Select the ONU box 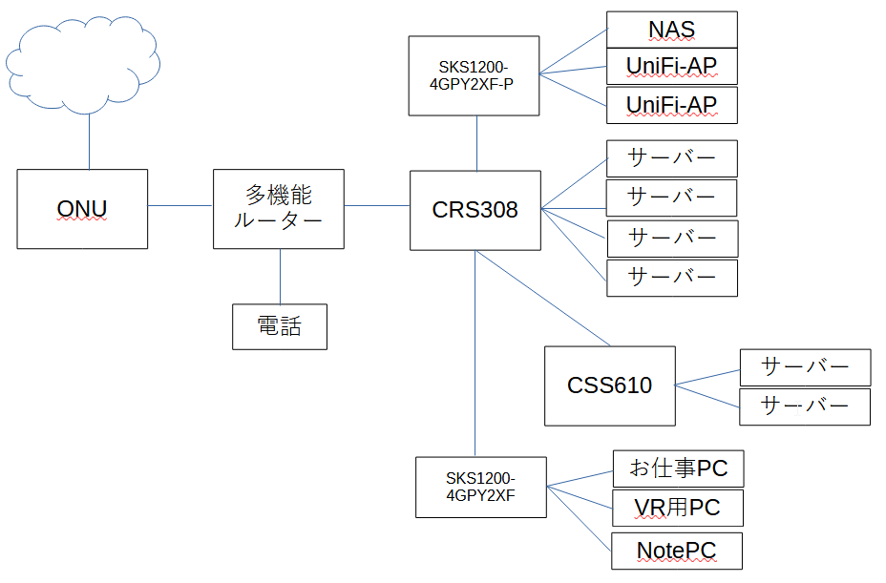[82, 209]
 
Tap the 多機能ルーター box [279, 209]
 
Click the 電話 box [280, 326]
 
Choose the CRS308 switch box [475, 210]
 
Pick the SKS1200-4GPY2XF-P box [474, 75]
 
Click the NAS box [672, 30]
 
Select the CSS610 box [609, 385]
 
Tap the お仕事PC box [677, 468]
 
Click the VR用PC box [677, 509]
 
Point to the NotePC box [676, 550]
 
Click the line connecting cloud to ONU [89, 143]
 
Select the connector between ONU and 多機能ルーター [179, 205]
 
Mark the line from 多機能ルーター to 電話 [280, 277]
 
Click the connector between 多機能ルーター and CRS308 [376, 205]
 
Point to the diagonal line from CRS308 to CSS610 [542, 298]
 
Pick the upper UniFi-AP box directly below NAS [672, 67]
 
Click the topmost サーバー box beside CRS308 [672, 158]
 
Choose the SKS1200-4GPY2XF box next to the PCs [481, 487]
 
